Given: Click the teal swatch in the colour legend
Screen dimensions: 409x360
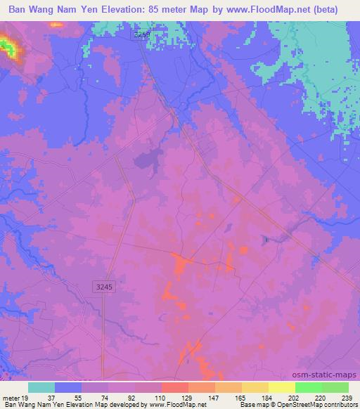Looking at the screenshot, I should pos(41,387).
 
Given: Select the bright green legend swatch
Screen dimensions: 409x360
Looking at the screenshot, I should pos(308,387).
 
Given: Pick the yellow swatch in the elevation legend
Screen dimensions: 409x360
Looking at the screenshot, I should pos(255,387).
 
